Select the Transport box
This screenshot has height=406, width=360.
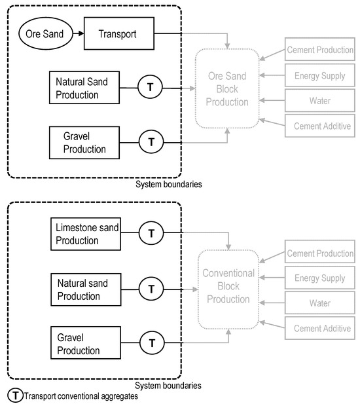pyautogui.click(x=118, y=33)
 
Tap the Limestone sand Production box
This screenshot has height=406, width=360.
pyautogui.click(x=84, y=232)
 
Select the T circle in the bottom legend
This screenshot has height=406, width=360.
pyautogui.click(x=14, y=396)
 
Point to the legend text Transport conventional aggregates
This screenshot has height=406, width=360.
pyautogui.click(x=81, y=396)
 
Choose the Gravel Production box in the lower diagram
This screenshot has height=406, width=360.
pyautogui.click(x=84, y=341)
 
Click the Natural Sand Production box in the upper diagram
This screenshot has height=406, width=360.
pyautogui.click(x=84, y=88)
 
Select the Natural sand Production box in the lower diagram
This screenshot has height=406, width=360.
pyautogui.click(x=84, y=287)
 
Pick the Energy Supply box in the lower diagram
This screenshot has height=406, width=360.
pyautogui.click(x=320, y=279)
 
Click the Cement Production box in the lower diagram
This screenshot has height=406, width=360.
pyautogui.click(x=320, y=253)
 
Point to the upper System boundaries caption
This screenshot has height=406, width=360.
pyautogui.click(x=168, y=185)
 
